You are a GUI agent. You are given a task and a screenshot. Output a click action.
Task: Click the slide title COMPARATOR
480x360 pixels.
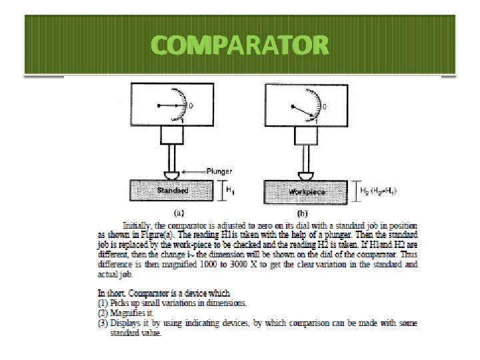tap(240, 45)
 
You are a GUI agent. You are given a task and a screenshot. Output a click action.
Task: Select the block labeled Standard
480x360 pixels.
tap(172, 191)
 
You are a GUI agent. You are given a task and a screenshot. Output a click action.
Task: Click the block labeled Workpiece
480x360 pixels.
tap(307, 191)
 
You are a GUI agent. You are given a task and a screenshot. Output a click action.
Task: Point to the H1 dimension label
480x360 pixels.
tap(231, 191)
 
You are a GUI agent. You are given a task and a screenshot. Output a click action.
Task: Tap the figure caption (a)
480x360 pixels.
tap(179, 213)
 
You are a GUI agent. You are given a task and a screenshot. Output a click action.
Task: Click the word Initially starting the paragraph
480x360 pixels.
tap(137, 225)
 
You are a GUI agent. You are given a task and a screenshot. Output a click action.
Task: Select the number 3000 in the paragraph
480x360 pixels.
tap(285, 264)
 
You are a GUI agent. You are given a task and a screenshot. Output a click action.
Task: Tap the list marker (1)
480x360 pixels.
tap(103, 303)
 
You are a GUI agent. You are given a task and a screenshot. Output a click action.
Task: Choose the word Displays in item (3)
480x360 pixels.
tap(127, 323)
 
